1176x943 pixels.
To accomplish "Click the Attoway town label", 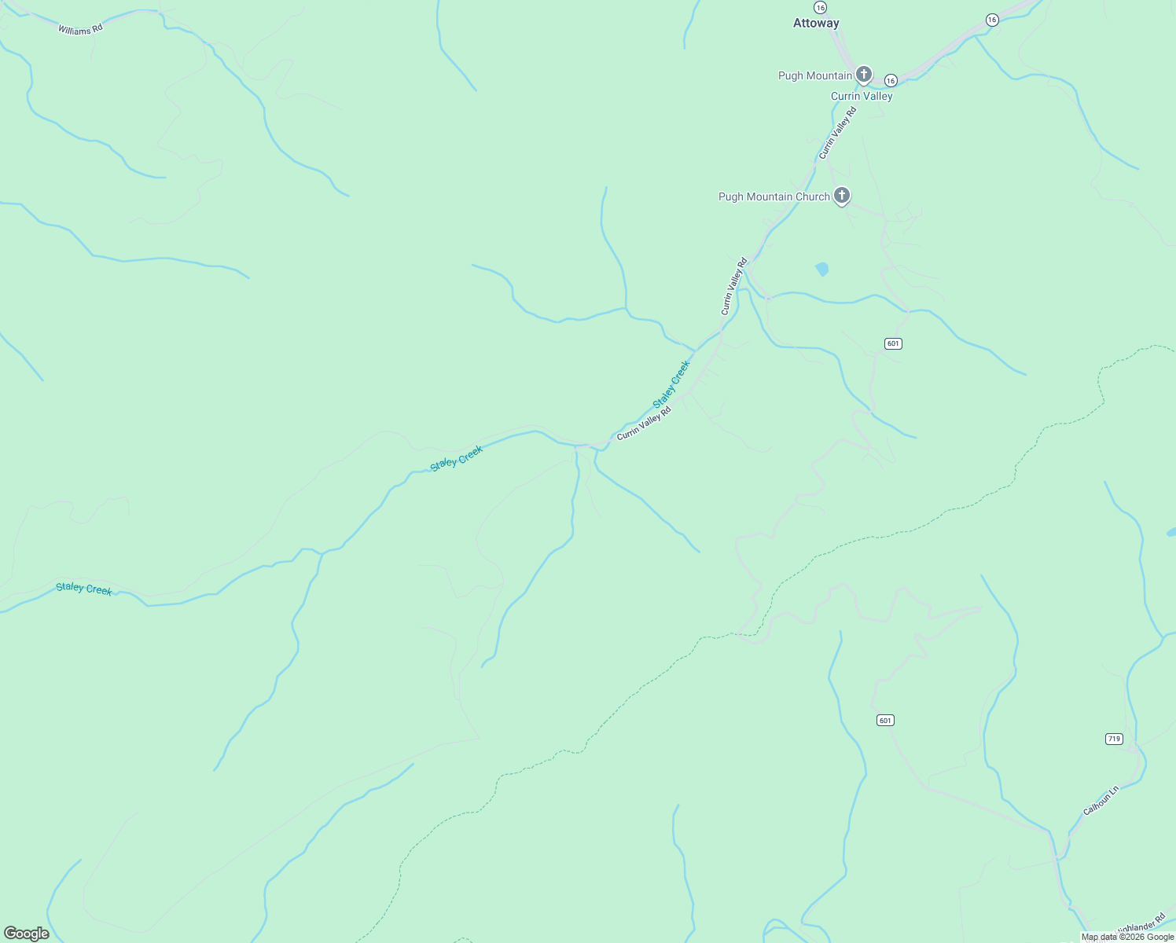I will [x=816, y=24].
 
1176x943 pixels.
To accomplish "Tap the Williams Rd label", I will [x=80, y=29].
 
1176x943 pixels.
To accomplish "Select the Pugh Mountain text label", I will [x=815, y=75].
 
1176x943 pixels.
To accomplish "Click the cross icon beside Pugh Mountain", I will [x=863, y=75].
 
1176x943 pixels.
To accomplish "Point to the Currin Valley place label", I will [x=862, y=96].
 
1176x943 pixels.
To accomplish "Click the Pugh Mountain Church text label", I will [x=774, y=196].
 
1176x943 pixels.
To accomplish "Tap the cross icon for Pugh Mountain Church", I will [x=842, y=196].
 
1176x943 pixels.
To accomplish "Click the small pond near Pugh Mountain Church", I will [x=822, y=269].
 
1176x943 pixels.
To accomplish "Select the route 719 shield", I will [x=1114, y=739].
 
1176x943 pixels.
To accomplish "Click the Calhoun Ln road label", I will [x=1101, y=800].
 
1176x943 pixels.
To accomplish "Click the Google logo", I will [x=27, y=934].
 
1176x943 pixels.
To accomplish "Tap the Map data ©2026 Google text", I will [x=1127, y=937].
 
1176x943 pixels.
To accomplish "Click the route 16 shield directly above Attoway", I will [x=820, y=7].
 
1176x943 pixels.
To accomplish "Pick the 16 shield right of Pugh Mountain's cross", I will [x=891, y=80].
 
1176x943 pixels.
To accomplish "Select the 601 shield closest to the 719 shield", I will [x=885, y=721].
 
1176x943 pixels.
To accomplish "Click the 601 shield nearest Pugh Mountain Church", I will [x=893, y=343].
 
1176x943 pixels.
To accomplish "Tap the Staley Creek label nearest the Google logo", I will [x=84, y=589].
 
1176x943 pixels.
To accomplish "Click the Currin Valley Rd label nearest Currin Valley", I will [x=837, y=133].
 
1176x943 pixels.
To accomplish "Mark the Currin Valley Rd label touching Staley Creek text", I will [x=644, y=424].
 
